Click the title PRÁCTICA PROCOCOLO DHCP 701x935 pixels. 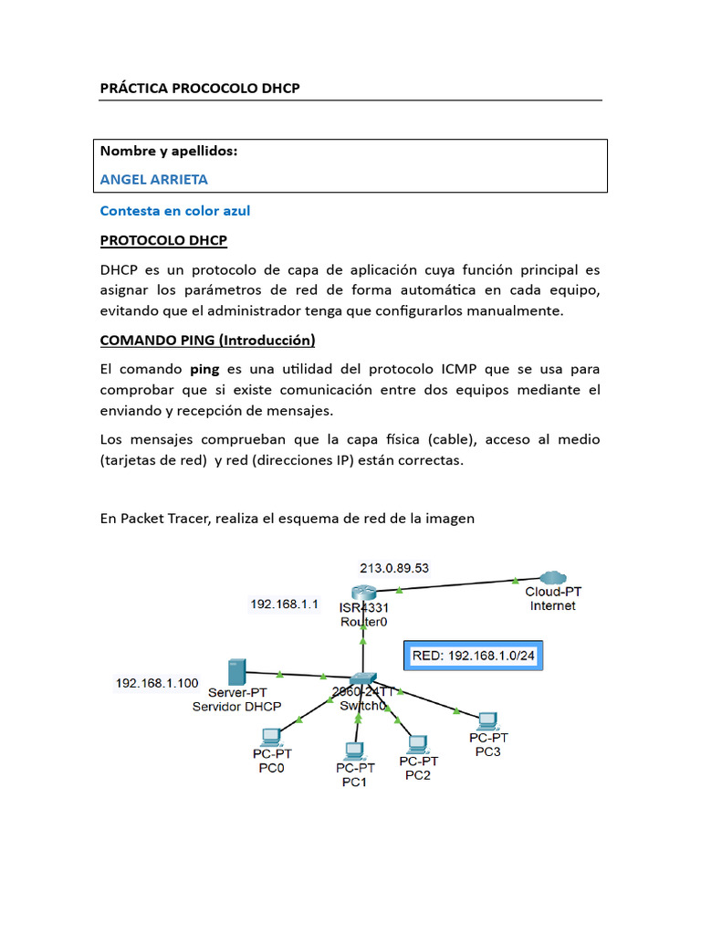(x=200, y=88)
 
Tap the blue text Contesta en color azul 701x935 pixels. (x=174, y=211)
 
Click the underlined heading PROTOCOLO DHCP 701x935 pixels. (x=163, y=241)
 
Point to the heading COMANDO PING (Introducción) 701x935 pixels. (x=207, y=341)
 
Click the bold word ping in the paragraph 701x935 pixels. (x=204, y=371)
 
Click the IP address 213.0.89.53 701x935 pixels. (x=394, y=567)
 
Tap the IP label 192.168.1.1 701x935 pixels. (x=284, y=604)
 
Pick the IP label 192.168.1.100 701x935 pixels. (x=157, y=682)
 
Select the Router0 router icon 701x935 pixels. (x=363, y=593)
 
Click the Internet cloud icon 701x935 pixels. (x=552, y=578)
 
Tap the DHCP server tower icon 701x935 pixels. (x=235, y=673)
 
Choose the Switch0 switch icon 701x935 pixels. (x=363, y=680)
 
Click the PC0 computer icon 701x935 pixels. (x=271, y=735)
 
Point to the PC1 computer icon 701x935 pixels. (x=354, y=751)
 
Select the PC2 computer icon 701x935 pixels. (x=417, y=743)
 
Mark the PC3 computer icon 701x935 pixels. (x=488, y=720)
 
